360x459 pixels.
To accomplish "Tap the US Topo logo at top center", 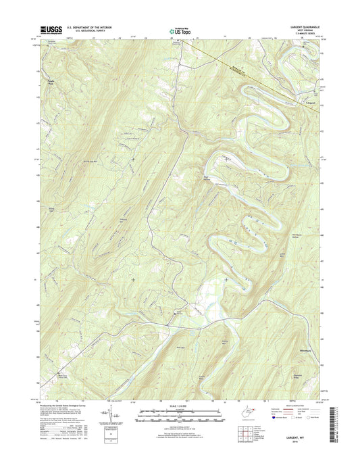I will (180, 30).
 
